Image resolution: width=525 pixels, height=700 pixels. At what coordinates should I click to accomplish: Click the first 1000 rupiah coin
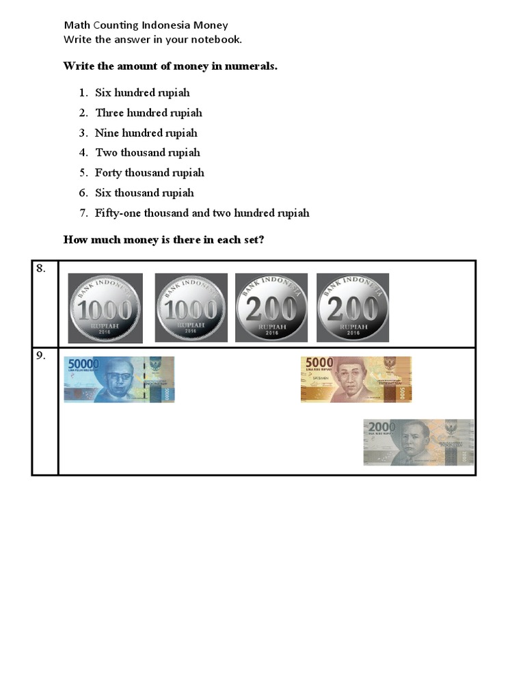105,308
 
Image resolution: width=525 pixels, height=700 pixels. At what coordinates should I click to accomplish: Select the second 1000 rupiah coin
191,308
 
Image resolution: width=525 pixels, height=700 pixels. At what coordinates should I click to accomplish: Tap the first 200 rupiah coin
271,308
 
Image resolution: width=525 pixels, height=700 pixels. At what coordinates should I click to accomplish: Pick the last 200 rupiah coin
353,308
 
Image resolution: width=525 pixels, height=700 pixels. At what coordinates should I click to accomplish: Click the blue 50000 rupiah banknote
119,379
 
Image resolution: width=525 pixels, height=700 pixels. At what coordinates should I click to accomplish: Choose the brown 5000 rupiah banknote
356,379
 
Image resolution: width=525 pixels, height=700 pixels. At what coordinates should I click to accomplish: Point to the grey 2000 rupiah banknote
418,442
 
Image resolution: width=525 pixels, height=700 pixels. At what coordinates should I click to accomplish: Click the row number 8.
41,269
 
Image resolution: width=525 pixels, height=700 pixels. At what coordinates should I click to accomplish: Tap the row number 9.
41,355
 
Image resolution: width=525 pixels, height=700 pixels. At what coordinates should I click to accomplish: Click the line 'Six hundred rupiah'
142,93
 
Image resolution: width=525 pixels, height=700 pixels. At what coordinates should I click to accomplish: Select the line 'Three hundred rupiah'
148,113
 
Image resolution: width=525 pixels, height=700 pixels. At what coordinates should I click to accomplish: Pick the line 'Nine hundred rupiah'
146,133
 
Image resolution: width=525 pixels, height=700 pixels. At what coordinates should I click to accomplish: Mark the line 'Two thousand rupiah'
148,152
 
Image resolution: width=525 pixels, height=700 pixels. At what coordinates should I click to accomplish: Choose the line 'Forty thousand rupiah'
150,172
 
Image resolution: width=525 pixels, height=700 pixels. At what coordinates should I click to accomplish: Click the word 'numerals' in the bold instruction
252,66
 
